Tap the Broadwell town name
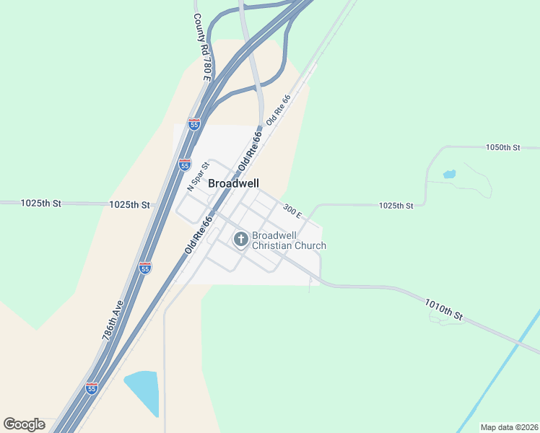point(233,184)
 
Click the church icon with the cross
point(241,238)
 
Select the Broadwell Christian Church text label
point(289,241)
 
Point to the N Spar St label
point(198,176)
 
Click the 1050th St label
point(502,147)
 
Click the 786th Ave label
point(113,320)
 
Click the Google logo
point(24,424)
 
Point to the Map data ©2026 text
point(509,427)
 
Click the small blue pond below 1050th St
point(449,174)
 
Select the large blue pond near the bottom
point(143,392)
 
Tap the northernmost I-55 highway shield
point(193,124)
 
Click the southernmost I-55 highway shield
point(92,388)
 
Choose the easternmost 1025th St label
point(396,206)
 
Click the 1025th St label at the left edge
point(41,204)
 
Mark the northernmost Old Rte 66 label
point(278,109)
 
